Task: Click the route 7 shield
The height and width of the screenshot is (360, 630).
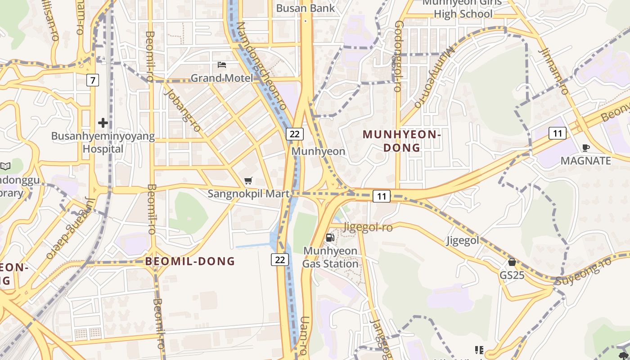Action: coord(93,81)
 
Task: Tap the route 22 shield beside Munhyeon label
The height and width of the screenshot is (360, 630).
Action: coord(295,134)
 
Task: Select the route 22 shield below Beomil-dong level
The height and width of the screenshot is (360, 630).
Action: coord(280,259)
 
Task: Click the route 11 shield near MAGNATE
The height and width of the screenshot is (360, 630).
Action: coord(558,133)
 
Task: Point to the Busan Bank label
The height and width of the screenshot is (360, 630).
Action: coord(306,8)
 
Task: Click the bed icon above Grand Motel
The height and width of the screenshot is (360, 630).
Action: coord(221,65)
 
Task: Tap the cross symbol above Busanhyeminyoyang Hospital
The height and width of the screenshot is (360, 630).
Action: coord(103,122)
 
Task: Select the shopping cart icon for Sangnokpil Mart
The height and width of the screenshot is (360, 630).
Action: coord(248,181)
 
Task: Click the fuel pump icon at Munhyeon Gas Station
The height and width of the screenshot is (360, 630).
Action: coord(330,237)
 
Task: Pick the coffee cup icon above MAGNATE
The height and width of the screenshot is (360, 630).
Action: coord(585,148)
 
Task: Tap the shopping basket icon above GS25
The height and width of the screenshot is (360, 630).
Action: coord(512,262)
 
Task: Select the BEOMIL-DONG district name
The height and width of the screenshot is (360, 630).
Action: coord(190,261)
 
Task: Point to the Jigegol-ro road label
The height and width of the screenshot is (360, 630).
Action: coord(368,228)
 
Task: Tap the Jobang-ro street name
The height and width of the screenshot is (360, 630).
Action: coord(183,110)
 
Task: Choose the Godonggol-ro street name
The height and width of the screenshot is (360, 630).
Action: coord(398,56)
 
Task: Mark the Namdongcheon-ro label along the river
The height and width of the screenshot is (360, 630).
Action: coord(261,66)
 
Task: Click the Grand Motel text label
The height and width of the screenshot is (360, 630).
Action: coord(222,78)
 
